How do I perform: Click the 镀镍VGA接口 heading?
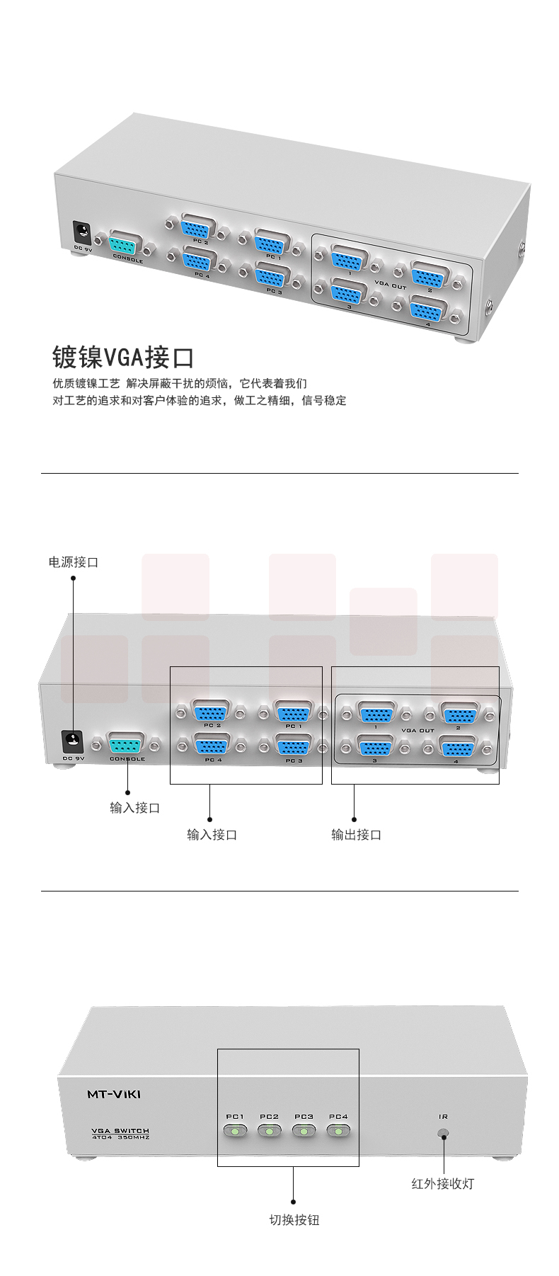[123, 357]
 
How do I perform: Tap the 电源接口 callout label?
[74, 562]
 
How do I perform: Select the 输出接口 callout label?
[357, 835]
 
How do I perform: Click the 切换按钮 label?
[294, 1219]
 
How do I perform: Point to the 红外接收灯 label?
[443, 1183]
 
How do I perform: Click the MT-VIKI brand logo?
[114, 1094]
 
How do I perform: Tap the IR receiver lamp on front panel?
[444, 1134]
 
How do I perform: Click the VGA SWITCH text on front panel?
[121, 1131]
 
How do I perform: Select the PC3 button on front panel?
[304, 1131]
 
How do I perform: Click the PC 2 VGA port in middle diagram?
[211, 712]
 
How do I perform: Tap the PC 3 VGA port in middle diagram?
[293, 746]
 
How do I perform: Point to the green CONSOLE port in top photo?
[126, 245]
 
